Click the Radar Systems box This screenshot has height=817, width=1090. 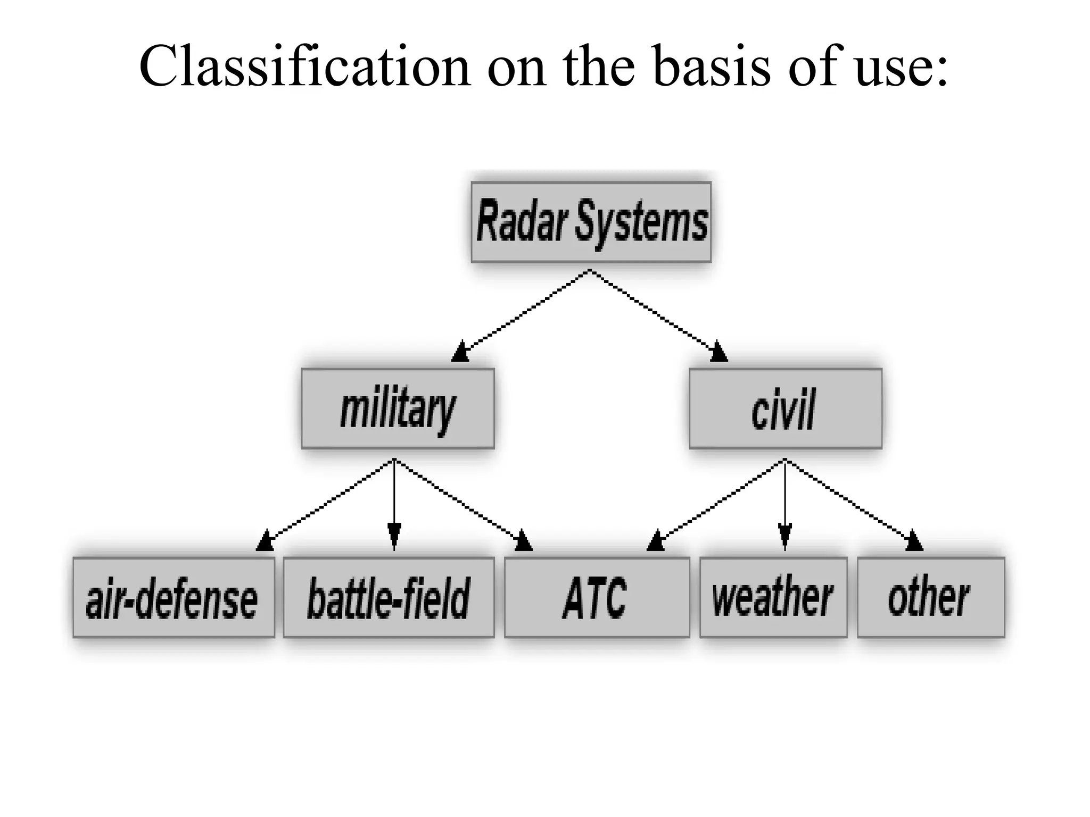coord(591,222)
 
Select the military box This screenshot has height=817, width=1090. coord(398,408)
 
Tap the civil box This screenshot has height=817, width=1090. coord(785,408)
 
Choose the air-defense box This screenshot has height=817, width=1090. coord(174,597)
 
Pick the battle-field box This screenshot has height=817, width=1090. coord(389,597)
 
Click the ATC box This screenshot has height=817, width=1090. coord(597,597)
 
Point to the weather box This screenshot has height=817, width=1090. coord(773,597)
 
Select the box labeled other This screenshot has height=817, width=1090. coord(931,597)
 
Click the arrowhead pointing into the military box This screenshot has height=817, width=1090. coord(460,353)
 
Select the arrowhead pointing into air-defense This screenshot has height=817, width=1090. coord(265,540)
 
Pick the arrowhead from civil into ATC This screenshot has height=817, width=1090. coord(656,540)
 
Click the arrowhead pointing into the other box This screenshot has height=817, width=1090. coord(914,540)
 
